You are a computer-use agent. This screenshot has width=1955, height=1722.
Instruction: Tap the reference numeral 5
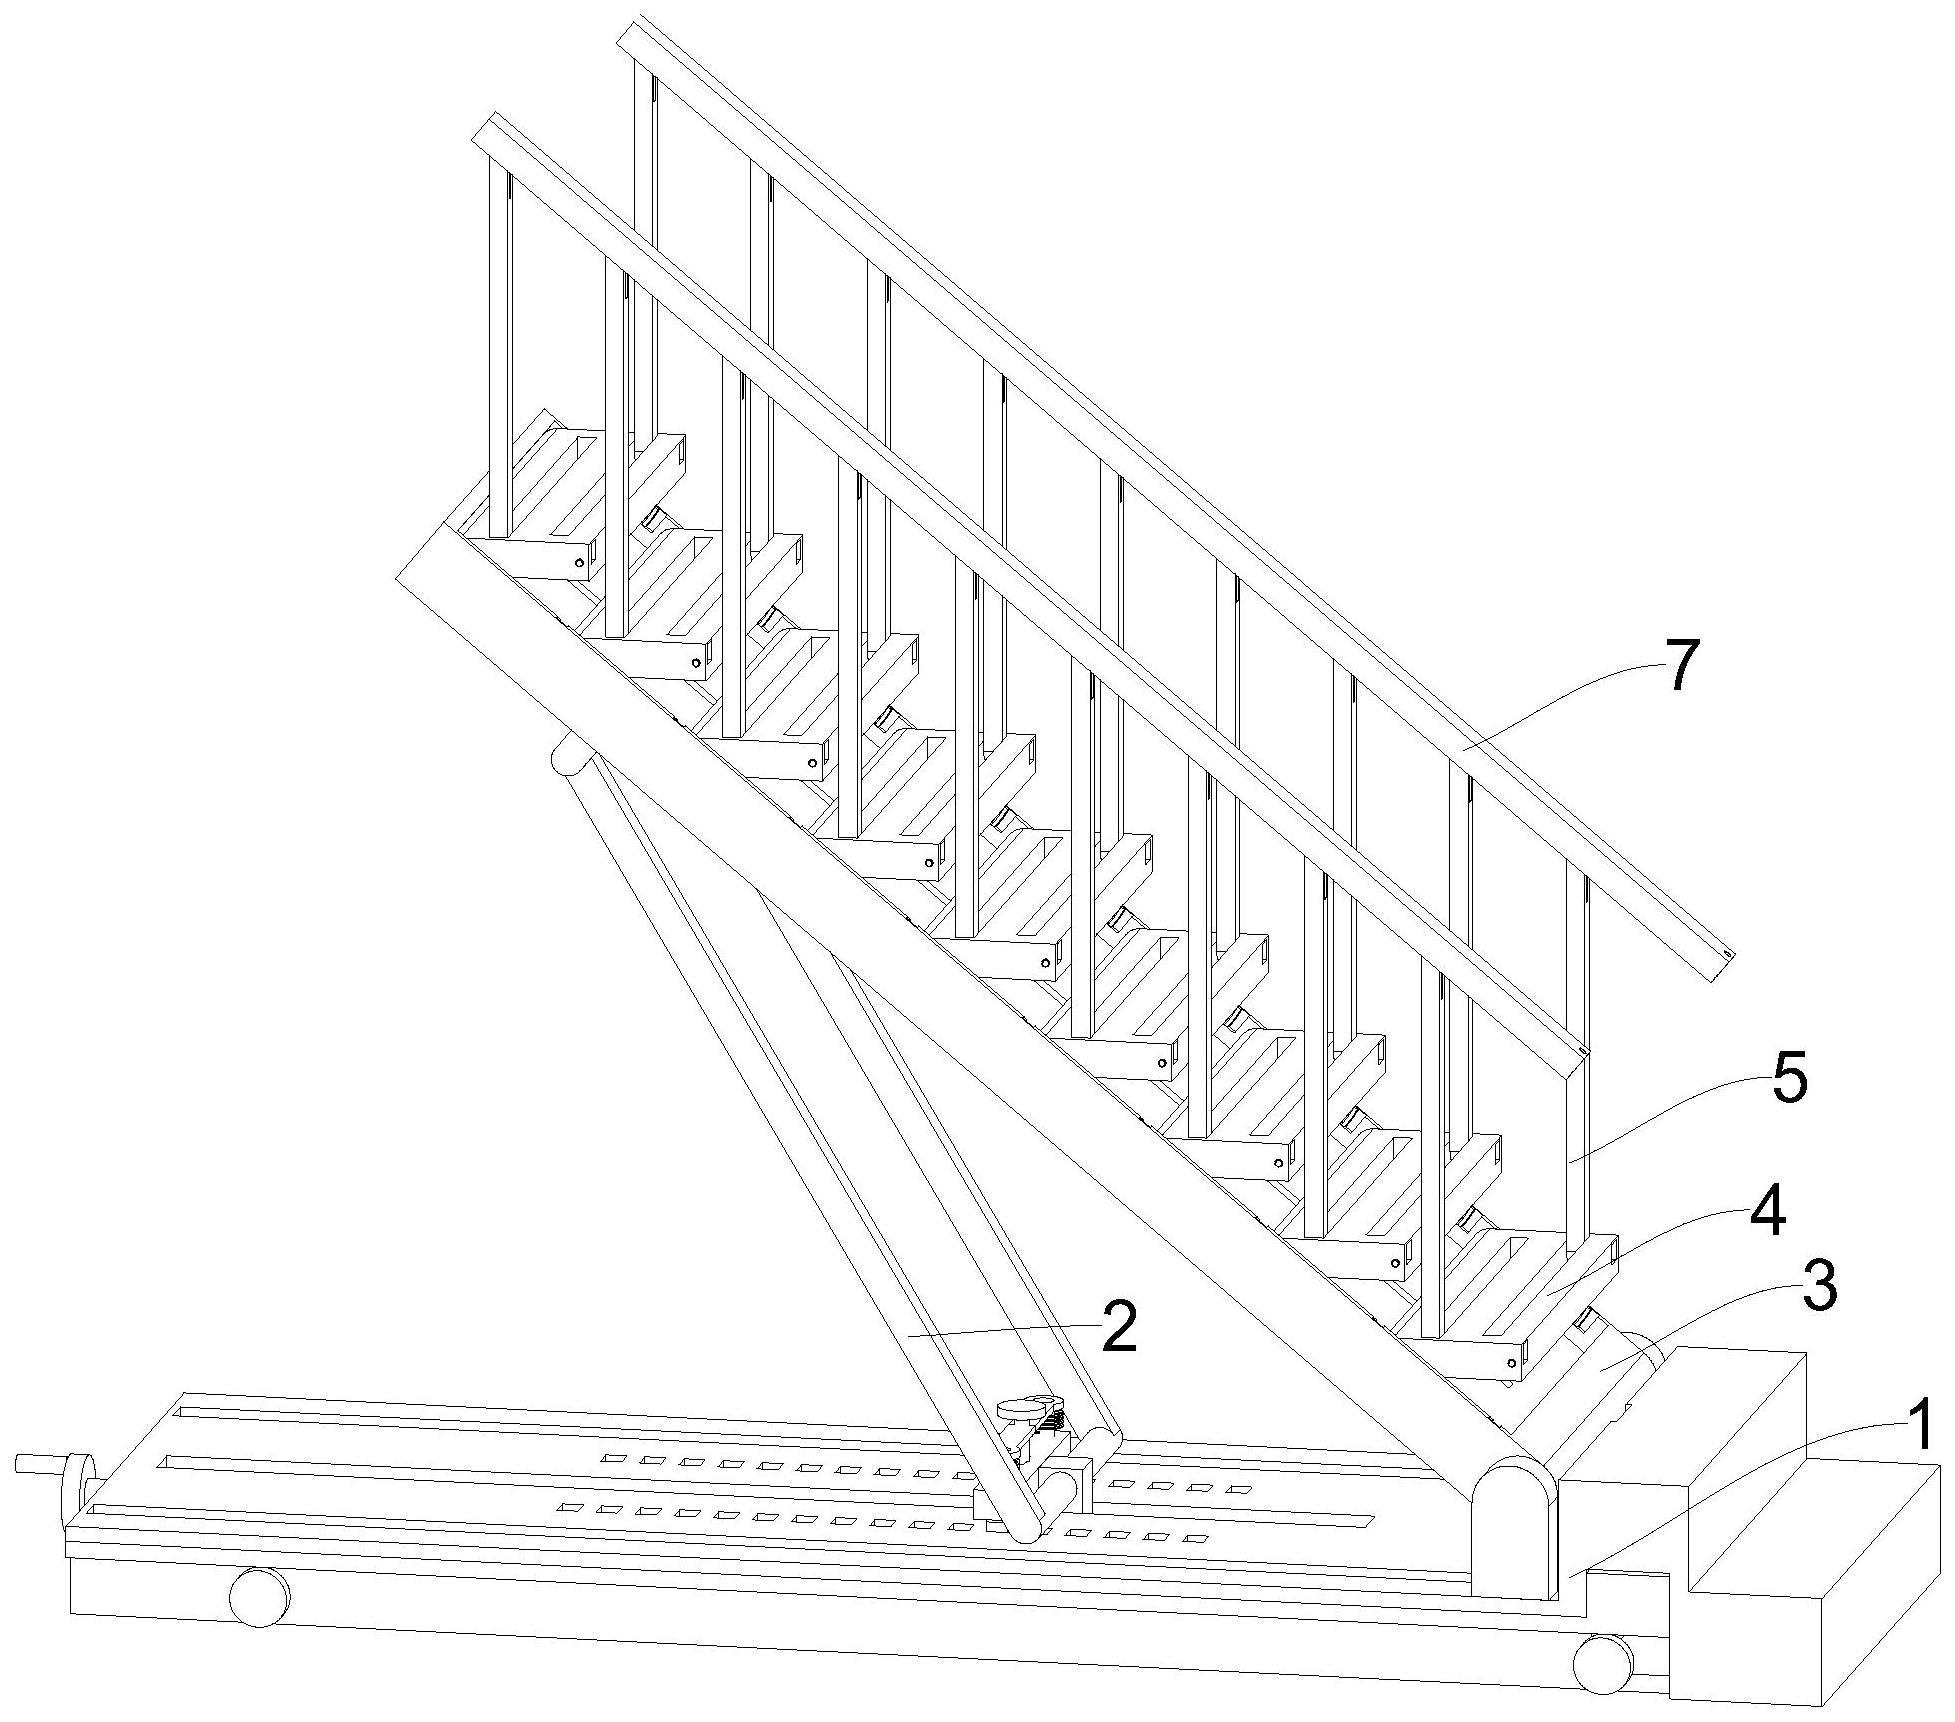(x=1788, y=1082)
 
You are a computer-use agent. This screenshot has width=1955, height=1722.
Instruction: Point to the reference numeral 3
(x=1818, y=1288)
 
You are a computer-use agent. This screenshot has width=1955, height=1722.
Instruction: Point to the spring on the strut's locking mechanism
(x=1043, y=1439)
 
